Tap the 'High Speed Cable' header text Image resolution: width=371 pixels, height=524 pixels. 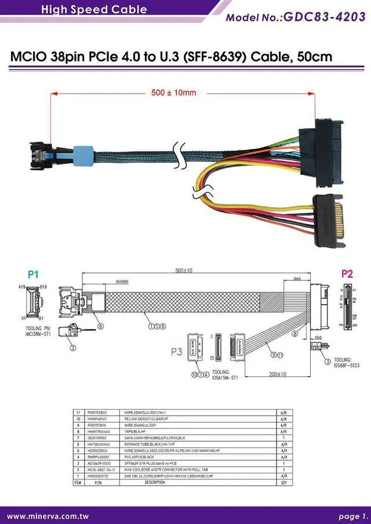point(94,9)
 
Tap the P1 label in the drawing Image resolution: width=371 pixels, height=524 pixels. point(33,274)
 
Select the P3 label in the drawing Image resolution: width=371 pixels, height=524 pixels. point(178,351)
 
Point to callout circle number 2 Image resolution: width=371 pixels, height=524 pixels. point(73,348)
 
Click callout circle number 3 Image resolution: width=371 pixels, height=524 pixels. point(328,361)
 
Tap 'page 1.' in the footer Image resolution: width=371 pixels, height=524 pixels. point(353,516)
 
